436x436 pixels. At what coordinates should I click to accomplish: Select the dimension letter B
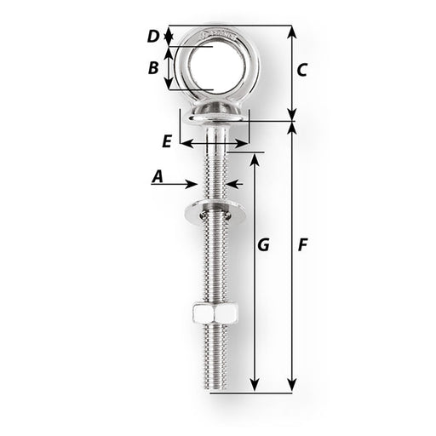(x=154, y=68)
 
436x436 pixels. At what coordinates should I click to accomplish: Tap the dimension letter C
(x=301, y=72)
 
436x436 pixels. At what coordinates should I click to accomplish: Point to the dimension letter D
(x=153, y=36)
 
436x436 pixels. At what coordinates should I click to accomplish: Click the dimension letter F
(x=302, y=245)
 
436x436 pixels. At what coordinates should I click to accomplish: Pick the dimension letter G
(x=263, y=245)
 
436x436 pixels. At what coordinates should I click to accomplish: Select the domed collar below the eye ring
(x=213, y=110)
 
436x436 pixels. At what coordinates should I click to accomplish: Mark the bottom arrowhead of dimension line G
(x=255, y=387)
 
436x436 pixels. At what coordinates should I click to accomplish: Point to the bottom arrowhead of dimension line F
(x=292, y=387)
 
